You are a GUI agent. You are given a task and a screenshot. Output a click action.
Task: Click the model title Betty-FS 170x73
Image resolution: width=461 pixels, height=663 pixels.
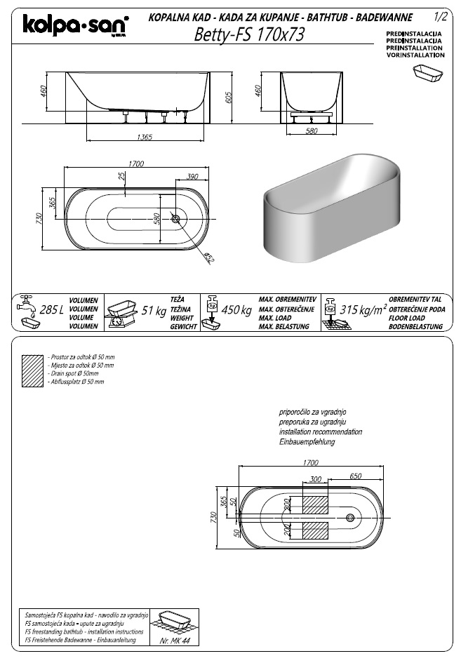(249, 35)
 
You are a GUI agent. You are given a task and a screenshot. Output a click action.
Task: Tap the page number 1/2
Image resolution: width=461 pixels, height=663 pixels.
(441, 15)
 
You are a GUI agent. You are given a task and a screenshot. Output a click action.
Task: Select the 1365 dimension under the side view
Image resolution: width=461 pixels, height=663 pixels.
(145, 137)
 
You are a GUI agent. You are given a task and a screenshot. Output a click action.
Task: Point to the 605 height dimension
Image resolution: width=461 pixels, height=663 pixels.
(229, 98)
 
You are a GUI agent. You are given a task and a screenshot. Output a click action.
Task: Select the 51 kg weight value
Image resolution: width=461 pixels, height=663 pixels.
(154, 310)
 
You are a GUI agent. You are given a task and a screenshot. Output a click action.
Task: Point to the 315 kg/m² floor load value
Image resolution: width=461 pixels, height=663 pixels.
(363, 309)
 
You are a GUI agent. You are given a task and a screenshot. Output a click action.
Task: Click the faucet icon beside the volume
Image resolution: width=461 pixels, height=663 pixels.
(27, 302)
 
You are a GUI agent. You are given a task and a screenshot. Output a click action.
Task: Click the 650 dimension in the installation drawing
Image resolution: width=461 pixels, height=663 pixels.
(355, 476)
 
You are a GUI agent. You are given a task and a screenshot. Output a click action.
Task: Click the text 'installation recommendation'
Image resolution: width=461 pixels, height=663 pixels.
(321, 432)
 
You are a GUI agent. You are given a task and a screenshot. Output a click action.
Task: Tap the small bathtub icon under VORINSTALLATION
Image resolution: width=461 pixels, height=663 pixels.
(428, 74)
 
